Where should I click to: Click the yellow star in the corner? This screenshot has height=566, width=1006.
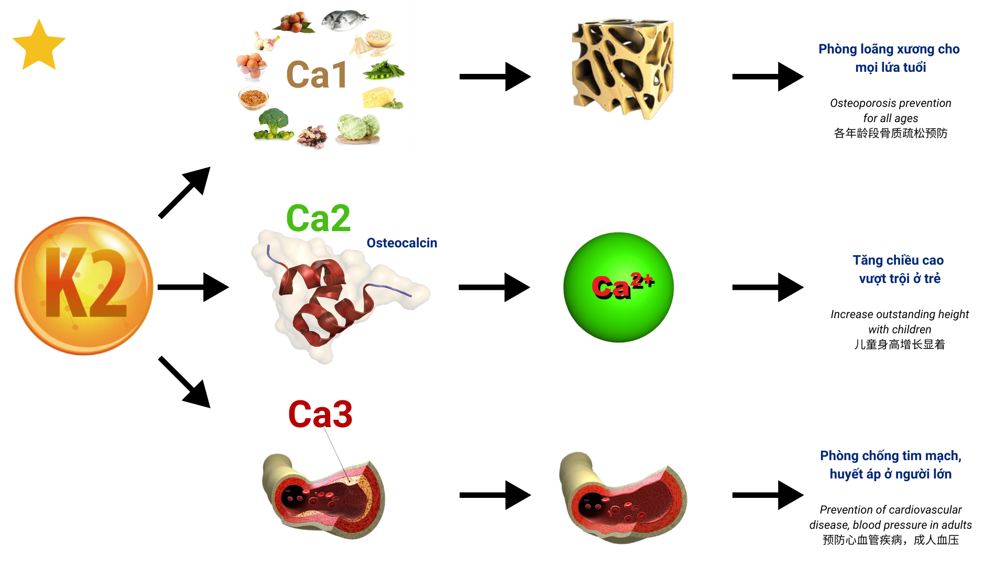[x=39, y=46]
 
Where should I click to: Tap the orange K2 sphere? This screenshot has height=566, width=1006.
[x=84, y=286]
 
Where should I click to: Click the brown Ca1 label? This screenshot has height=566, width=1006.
[x=317, y=75]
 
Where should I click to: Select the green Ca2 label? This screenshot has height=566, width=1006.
[x=318, y=219]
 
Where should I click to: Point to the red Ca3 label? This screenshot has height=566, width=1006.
[x=320, y=415]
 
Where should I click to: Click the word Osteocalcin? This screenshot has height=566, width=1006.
[x=401, y=243]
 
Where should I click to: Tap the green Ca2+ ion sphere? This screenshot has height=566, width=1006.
[x=618, y=287]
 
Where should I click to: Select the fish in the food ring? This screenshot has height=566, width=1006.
[x=344, y=20]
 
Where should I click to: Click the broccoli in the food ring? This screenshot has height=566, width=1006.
[x=274, y=124]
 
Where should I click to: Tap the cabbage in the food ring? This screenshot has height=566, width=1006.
[x=358, y=128]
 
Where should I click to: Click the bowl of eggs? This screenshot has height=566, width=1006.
[x=251, y=66]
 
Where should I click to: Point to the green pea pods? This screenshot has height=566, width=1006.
[x=384, y=70]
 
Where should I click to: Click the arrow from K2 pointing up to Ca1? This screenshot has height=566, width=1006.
[x=184, y=192]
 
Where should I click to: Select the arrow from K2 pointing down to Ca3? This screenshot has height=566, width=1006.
[x=184, y=382]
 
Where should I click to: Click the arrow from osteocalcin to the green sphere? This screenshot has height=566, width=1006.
[x=494, y=287]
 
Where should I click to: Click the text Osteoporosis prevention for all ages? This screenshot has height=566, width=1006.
[x=890, y=111]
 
